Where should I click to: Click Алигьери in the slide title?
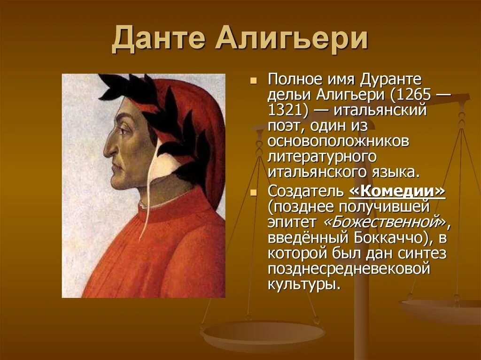tap(291, 39)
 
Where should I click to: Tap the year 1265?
tap(411, 95)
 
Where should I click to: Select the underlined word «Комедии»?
tap(397, 191)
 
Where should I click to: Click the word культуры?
tap(303, 283)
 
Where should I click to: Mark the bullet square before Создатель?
tap(254, 192)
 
